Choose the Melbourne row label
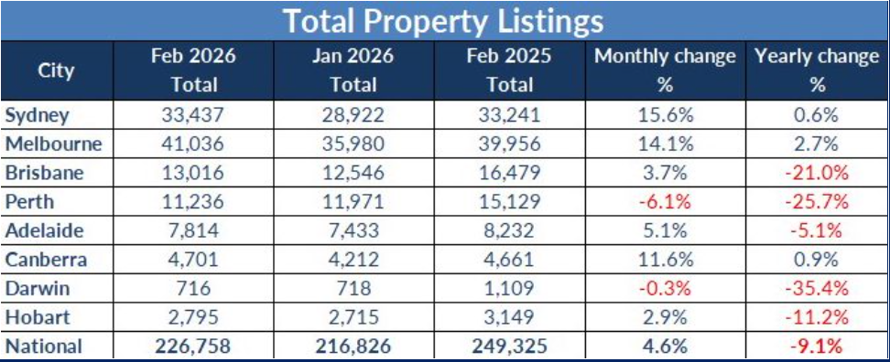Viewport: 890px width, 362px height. [x=53, y=144]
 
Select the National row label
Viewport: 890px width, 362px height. [x=43, y=346]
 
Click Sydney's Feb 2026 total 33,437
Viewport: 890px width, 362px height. [x=193, y=114]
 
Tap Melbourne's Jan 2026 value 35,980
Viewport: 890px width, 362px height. [x=353, y=144]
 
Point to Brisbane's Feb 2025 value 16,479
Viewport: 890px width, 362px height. [x=509, y=173]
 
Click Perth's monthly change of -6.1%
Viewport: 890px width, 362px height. [x=665, y=201]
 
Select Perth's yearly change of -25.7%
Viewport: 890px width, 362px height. [x=817, y=201]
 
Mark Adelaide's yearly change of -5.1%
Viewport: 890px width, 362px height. [x=817, y=230]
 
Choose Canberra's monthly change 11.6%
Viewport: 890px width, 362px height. [x=665, y=260]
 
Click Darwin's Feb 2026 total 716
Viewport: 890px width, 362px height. [x=193, y=288]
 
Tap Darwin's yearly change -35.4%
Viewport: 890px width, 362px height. [x=817, y=288]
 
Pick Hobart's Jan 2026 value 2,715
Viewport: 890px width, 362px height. [x=353, y=317]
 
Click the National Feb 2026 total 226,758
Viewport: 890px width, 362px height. [x=193, y=346]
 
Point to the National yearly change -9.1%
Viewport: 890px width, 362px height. [x=817, y=346]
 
